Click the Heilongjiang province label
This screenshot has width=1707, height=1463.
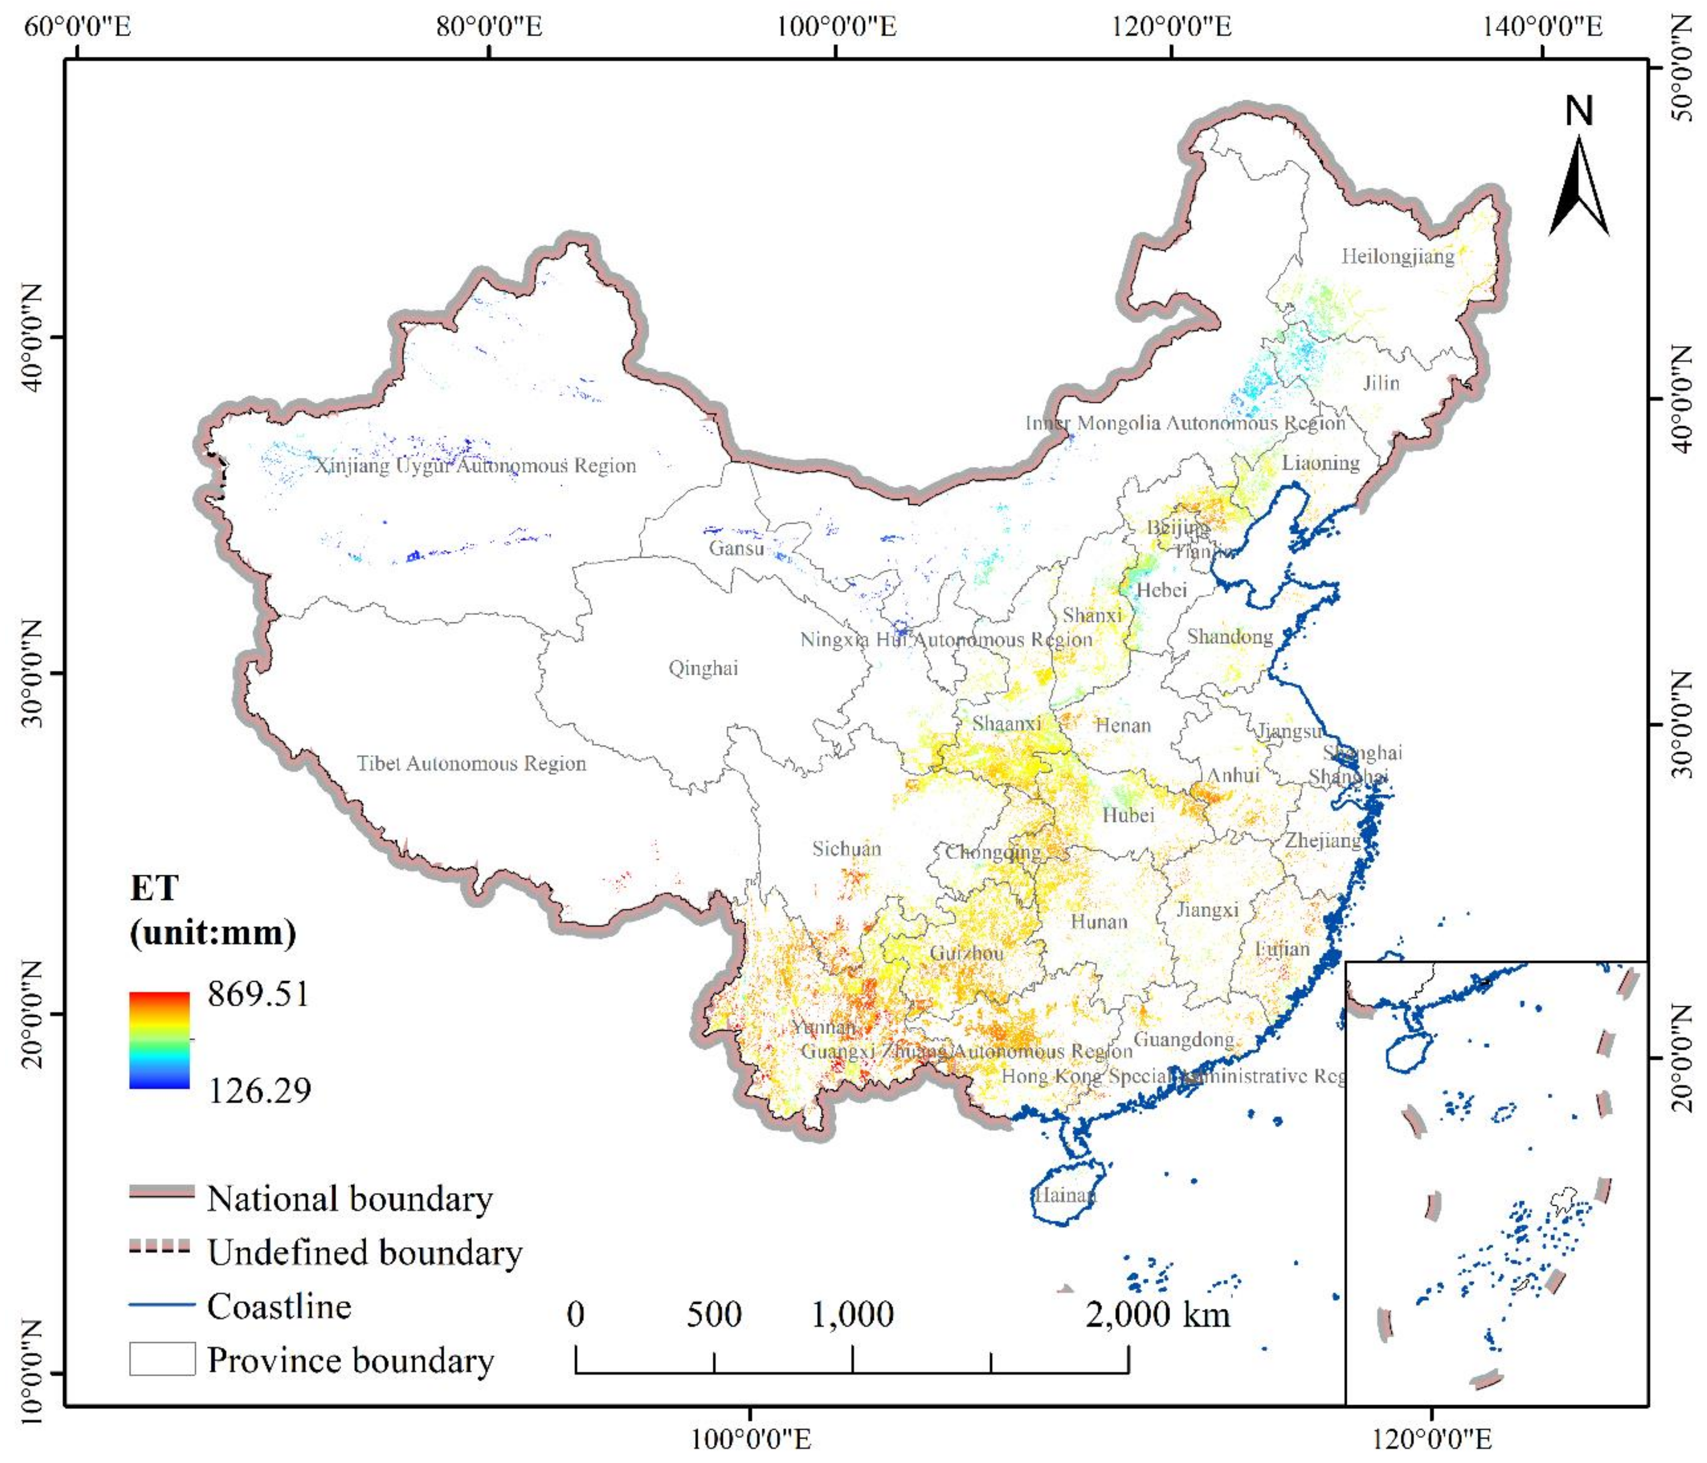[x=1397, y=256]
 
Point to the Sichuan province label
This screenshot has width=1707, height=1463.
[x=846, y=849]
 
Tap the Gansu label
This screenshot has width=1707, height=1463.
[x=736, y=548]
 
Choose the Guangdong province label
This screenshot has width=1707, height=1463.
[x=1184, y=1039]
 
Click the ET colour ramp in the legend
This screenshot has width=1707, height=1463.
[x=159, y=1039]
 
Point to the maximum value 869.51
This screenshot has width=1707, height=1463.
[x=258, y=994]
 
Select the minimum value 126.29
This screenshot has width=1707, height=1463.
[x=259, y=1091]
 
